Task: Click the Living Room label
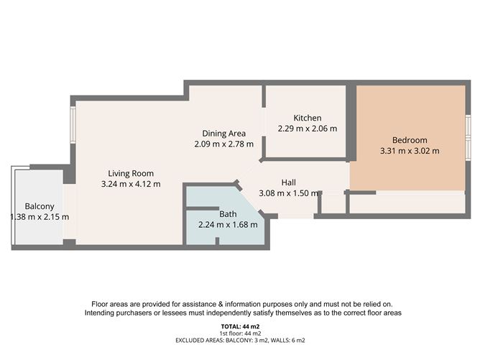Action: (131, 173)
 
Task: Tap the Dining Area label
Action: (223, 133)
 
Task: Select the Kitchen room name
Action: (307, 118)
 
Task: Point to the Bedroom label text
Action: (410, 140)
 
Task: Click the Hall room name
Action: (288, 183)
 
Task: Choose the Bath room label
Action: (228, 214)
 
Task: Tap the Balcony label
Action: (40, 206)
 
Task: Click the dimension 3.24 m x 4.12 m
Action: (131, 184)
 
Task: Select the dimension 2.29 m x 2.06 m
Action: (307, 129)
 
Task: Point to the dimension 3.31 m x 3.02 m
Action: (410, 151)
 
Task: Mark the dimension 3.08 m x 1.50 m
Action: (288, 193)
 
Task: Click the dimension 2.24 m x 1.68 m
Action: (228, 225)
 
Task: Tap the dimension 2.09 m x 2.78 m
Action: (223, 144)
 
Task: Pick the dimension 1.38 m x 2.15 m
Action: (40, 216)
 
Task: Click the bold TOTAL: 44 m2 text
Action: (239, 326)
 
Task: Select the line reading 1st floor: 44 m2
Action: (239, 333)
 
